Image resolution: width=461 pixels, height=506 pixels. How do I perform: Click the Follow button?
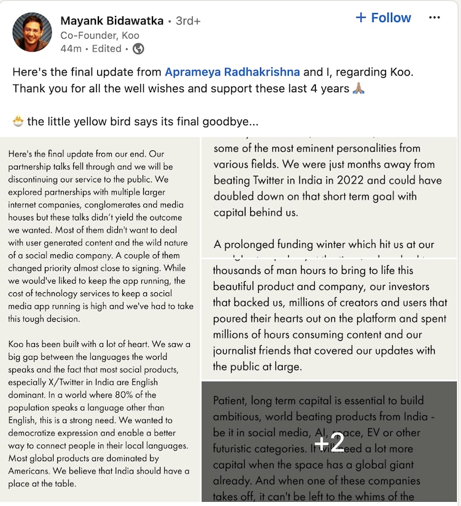[383, 18]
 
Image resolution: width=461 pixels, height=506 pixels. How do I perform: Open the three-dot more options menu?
[435, 18]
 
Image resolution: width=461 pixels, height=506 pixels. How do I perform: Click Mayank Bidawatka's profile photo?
[32, 32]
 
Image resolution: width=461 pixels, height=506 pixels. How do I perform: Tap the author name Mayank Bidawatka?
[112, 20]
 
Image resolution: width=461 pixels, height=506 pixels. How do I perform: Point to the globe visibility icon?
[138, 48]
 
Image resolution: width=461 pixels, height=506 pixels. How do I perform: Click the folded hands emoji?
[358, 88]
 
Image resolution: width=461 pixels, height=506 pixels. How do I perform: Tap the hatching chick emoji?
[18, 121]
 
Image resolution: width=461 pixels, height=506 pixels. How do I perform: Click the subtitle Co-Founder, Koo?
[99, 35]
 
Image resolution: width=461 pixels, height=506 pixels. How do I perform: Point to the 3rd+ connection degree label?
[188, 21]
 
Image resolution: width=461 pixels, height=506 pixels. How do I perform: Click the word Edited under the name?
[106, 48]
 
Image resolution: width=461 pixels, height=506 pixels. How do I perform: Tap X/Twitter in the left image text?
[71, 382]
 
